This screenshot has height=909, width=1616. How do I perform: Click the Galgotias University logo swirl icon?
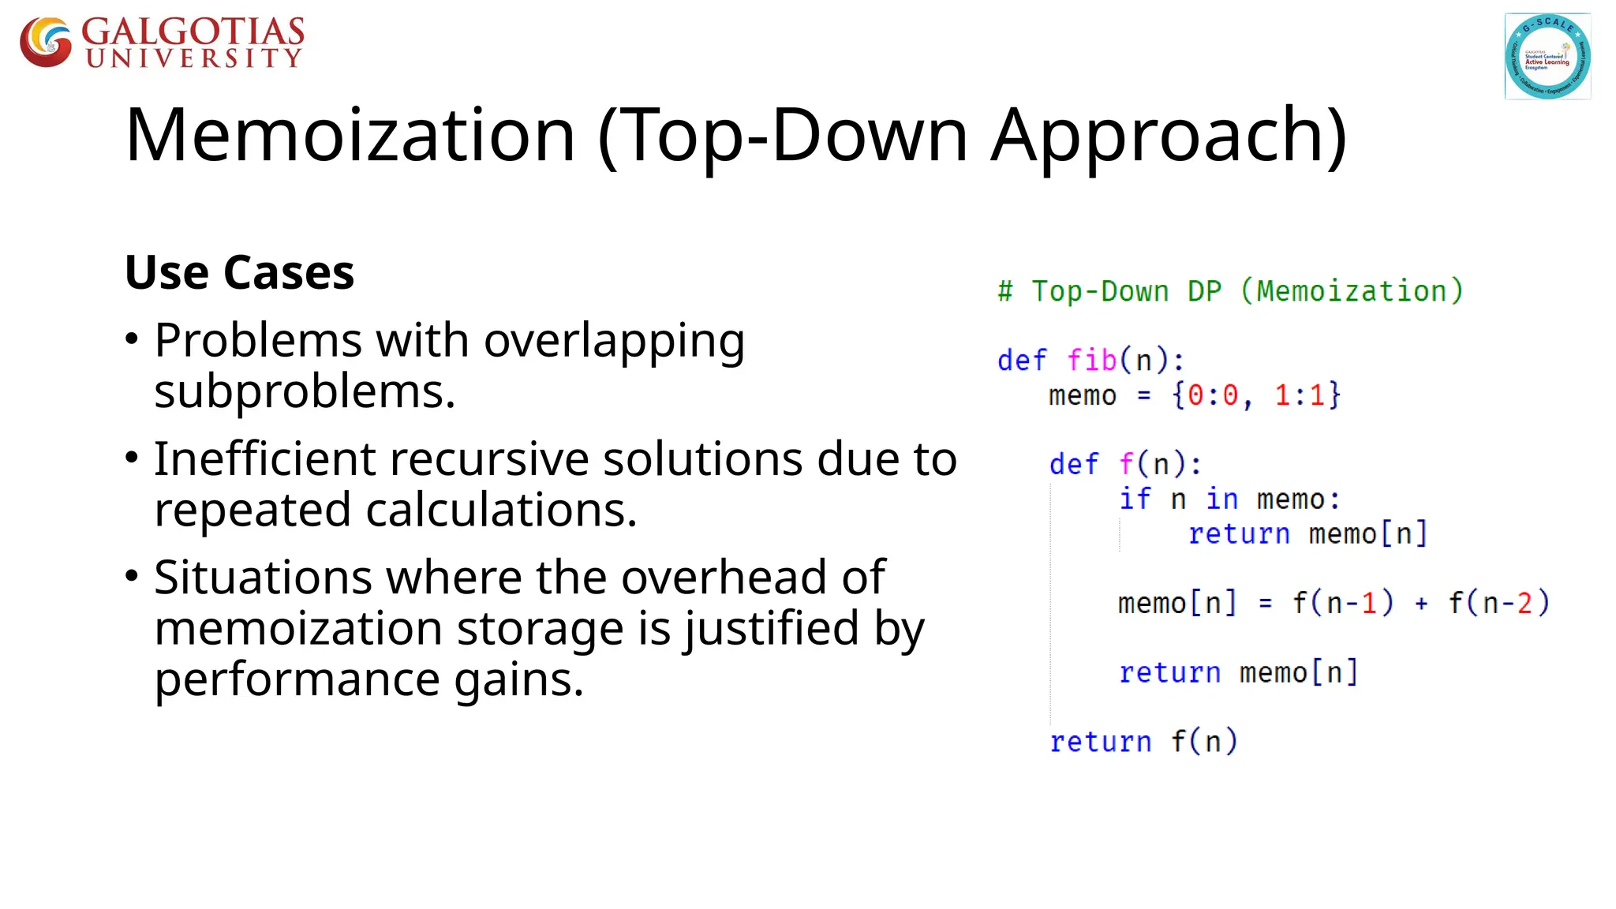46,42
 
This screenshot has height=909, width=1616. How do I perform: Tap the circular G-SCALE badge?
1547,56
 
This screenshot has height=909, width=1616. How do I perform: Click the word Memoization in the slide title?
350,136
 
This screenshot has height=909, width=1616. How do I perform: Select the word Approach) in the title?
1169,136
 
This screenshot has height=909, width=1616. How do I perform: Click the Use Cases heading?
239,273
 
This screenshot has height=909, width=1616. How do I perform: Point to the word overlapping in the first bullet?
614,342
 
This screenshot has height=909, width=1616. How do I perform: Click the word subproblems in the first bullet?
304,392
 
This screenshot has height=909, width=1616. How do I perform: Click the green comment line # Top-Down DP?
1229,291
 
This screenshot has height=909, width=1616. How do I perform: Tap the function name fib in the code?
1091,361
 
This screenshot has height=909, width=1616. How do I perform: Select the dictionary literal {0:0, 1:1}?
1255,395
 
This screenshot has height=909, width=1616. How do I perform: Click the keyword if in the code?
1135,499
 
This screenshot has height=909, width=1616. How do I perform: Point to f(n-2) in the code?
1498,604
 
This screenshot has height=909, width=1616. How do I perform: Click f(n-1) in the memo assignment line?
1342,604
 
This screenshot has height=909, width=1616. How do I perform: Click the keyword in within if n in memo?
1221,499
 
